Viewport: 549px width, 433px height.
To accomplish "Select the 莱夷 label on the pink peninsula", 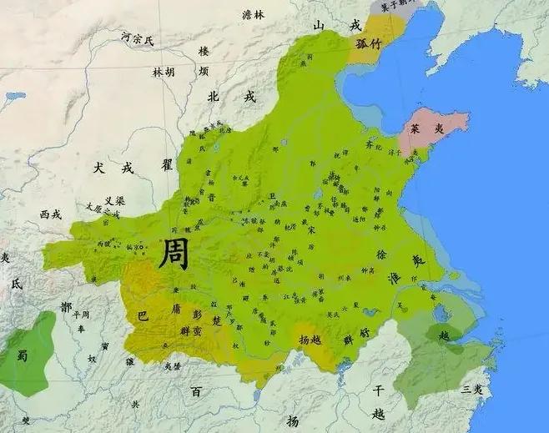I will tap(425, 129).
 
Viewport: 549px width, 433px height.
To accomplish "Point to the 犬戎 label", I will tap(113, 168).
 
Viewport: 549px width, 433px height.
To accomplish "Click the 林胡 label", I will tap(164, 73).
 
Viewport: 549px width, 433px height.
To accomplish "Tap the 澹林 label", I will tap(252, 14).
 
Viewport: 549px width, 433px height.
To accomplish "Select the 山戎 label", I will tap(337, 26).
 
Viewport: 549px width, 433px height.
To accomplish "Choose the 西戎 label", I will tap(50, 214).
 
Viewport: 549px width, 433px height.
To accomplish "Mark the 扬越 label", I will tap(310, 340).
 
